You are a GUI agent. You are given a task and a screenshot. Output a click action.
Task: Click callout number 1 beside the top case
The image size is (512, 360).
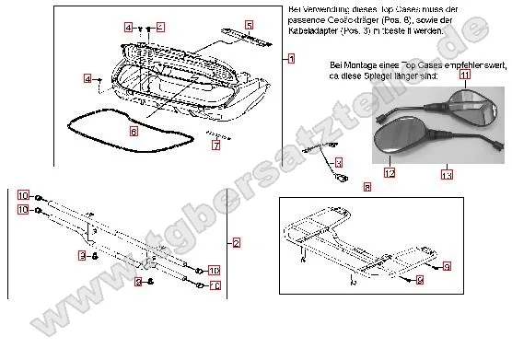[291, 58]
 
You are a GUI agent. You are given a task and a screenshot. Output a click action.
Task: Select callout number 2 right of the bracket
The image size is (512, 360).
[237, 243]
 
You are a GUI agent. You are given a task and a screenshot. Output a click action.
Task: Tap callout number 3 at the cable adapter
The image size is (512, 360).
[338, 162]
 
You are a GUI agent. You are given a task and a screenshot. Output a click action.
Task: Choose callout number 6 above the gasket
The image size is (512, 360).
[134, 132]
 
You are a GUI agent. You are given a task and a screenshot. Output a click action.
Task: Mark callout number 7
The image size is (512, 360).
[215, 145]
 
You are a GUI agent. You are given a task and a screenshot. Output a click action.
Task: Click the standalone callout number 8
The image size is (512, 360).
[367, 187]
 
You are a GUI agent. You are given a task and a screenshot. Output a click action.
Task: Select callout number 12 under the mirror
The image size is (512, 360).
[390, 172]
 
